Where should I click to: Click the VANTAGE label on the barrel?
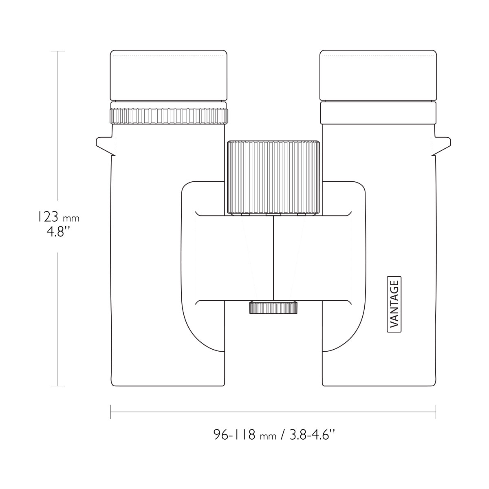(x=394, y=304)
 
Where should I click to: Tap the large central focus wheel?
(x=273, y=177)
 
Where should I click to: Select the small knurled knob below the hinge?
(x=273, y=307)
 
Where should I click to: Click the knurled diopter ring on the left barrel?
(x=168, y=116)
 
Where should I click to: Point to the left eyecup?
(x=168, y=75)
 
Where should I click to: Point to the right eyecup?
(x=378, y=75)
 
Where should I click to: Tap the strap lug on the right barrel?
(x=441, y=146)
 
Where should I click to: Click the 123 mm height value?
(x=59, y=217)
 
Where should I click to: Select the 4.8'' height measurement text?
(x=58, y=232)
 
